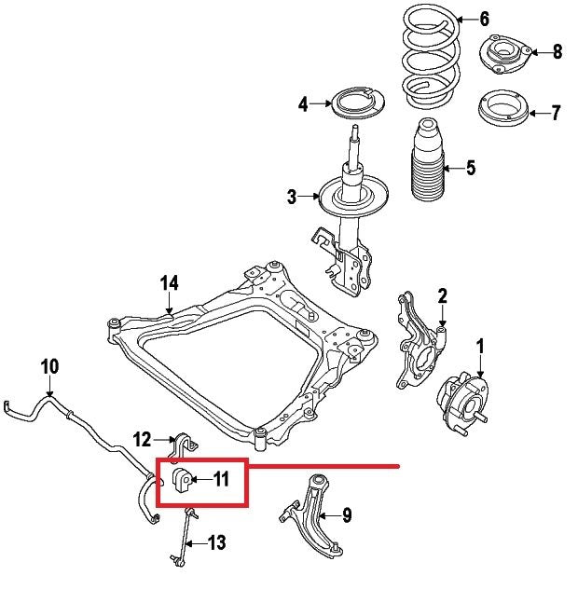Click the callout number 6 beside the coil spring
pyautogui.click(x=484, y=19)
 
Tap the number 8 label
pyautogui.click(x=557, y=51)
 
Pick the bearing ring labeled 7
pyautogui.click(x=502, y=113)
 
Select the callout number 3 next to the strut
pyautogui.click(x=292, y=197)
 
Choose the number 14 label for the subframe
pyautogui.click(x=168, y=282)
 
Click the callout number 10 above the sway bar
pyautogui.click(x=49, y=365)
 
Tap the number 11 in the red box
pyautogui.click(x=221, y=480)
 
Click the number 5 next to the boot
pyautogui.click(x=471, y=168)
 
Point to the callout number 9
pyautogui.click(x=346, y=514)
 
